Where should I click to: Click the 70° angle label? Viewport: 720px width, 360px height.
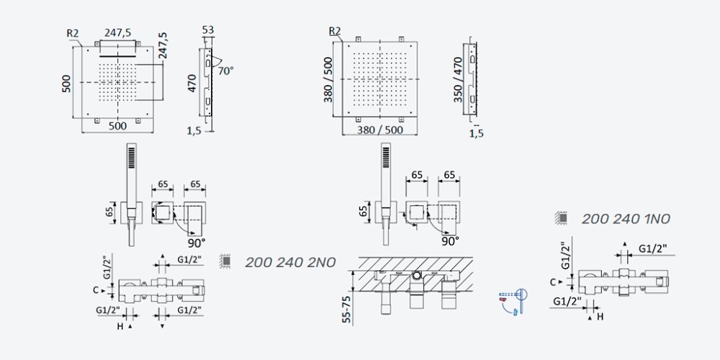pos(225,71)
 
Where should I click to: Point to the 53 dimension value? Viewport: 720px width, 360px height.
pos(208,30)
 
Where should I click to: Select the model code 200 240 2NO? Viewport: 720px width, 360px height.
pos(290,262)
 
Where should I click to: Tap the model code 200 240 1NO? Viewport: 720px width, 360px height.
pos(626,219)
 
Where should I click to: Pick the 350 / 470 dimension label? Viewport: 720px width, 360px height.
pos(458,80)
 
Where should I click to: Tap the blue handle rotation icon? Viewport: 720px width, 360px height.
pos(513,302)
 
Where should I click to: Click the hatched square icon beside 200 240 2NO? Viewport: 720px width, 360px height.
pos(225,261)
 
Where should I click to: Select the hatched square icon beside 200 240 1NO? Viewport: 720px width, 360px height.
pos(561,217)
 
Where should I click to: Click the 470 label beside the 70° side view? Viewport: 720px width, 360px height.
pos(192,83)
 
